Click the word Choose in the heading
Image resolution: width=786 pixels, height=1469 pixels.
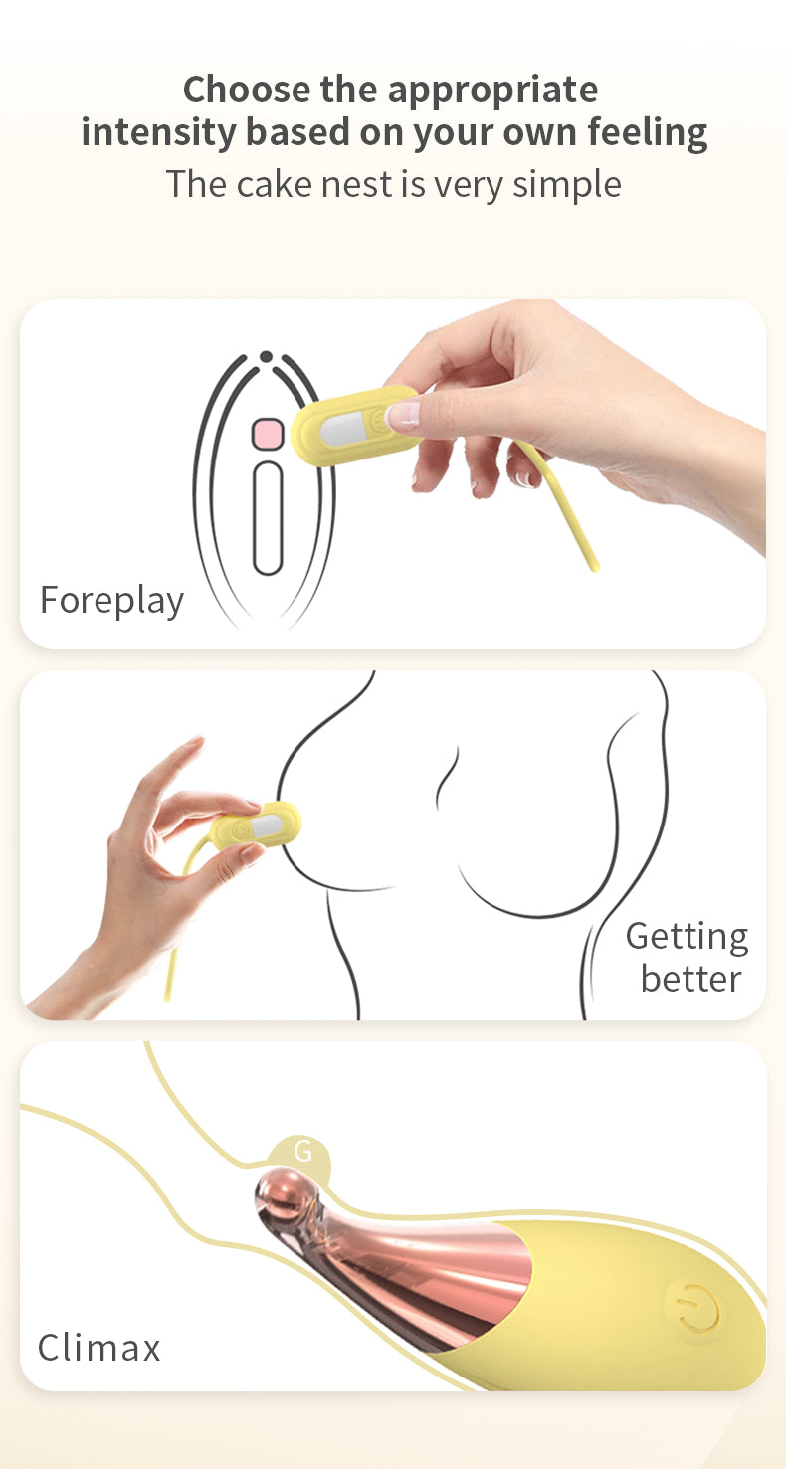[247, 90]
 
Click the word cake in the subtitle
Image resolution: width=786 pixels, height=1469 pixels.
[275, 184]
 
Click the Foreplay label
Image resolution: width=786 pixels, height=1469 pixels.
[111, 601]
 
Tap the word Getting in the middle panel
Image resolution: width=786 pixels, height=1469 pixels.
[687, 937]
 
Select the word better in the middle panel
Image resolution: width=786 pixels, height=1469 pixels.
[690, 979]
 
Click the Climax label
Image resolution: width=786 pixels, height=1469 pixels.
[99, 1348]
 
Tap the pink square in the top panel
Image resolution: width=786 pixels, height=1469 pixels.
[268, 435]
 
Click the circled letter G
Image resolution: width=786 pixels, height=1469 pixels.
[301, 1152]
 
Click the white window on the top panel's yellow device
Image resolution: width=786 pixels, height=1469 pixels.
[344, 431]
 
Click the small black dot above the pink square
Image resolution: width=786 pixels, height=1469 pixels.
[266, 357]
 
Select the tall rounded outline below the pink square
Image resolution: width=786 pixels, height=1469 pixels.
[268, 517]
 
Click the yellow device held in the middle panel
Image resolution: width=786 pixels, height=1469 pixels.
[256, 825]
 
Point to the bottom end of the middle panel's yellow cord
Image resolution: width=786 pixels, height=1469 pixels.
[166, 998]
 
